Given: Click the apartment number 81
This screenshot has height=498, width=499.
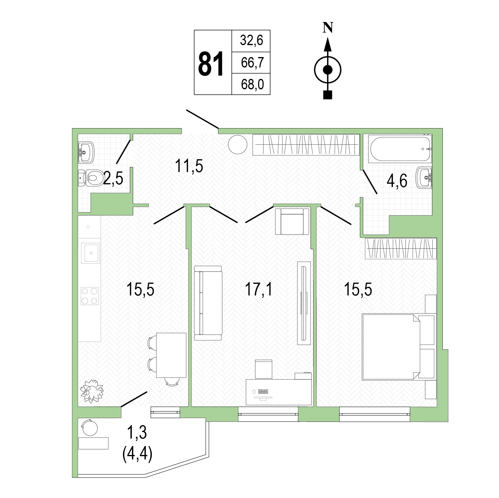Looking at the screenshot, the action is coord(211,64).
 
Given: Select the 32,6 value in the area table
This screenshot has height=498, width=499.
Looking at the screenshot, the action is coord(251,40).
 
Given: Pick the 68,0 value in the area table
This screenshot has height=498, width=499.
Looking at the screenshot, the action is coord(252,85).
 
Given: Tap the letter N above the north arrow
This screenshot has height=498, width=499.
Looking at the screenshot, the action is coord(328,27).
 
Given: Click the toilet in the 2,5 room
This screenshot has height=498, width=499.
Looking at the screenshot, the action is coord(90,178).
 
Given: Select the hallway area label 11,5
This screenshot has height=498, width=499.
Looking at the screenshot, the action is coord(189,166).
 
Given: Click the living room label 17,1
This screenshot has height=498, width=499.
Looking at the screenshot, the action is coord(258,289).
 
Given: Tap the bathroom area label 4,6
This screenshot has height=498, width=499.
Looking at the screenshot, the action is coord(397,181).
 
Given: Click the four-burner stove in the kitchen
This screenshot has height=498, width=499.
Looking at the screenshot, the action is coord(90,296).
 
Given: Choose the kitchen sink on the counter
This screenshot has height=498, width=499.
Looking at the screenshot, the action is coord(90,253).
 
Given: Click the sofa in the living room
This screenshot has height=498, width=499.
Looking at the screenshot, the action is coord(209,303).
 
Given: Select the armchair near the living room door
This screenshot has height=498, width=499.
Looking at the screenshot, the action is coord(292,221).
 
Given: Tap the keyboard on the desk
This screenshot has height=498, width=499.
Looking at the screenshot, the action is coord(262,391).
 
